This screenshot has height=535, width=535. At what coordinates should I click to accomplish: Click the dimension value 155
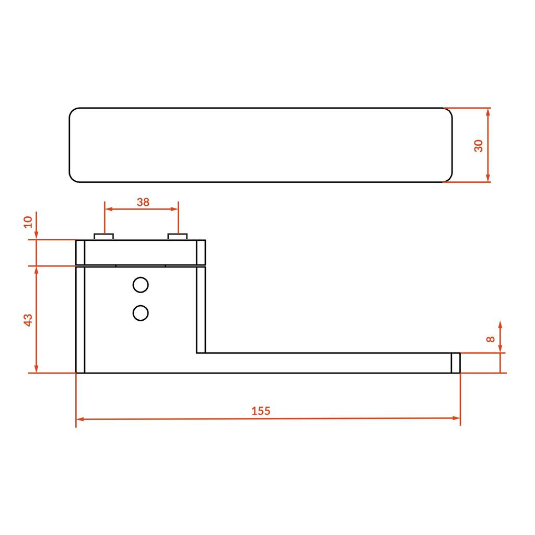[261, 411]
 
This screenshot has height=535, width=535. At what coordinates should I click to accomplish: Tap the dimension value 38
[143, 202]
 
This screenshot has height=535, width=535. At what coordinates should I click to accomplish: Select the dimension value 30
[479, 146]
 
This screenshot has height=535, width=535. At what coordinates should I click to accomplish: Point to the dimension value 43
[28, 320]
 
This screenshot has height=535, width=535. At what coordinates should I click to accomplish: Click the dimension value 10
[28, 222]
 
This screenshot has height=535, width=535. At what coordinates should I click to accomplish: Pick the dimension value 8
[490, 339]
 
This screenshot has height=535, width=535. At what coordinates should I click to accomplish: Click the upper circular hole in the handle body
[141, 285]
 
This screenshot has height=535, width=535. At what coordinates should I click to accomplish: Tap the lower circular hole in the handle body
[141, 313]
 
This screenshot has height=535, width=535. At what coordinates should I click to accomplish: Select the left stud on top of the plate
[104, 237]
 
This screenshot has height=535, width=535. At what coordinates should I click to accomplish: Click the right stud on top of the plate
[178, 237]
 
